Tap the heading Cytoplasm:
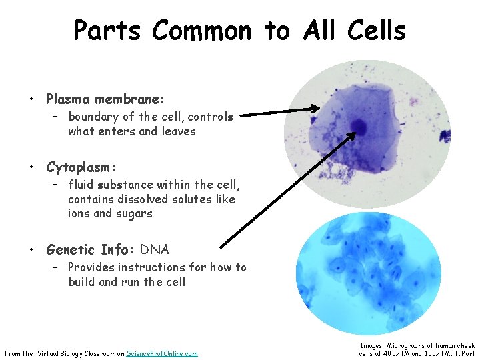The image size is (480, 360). pos(81,167)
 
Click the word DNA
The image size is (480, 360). pos(154,250)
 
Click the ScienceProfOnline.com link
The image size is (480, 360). pos(162,353)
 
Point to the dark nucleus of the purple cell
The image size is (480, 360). pos(359,126)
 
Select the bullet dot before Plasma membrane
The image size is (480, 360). pos(31,100)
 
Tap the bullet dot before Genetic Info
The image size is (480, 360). pos(31,251)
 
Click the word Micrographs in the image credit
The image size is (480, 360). pos(407,345)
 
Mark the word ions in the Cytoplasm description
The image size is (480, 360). pos(79,214)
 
